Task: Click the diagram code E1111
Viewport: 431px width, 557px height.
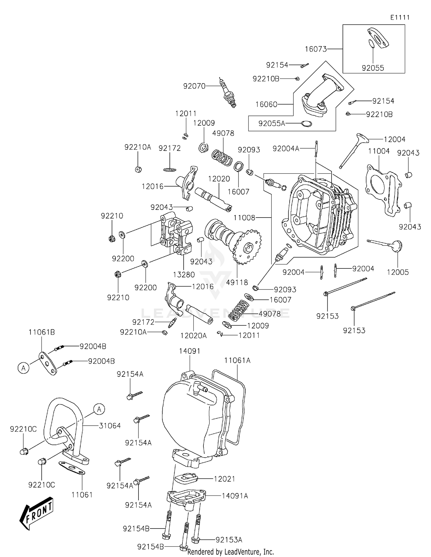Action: coord(400,18)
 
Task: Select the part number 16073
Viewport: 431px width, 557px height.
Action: coord(315,49)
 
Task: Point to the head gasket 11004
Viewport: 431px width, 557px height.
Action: coord(382,190)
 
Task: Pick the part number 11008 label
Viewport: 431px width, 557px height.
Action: coord(244,218)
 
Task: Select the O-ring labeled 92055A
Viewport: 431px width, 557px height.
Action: coord(306,124)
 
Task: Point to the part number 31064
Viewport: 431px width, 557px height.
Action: coord(110,426)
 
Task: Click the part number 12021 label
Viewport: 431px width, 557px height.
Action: coord(224,479)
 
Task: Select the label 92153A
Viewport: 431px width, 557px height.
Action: coord(229,540)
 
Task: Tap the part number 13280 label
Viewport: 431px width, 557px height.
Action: coord(184,274)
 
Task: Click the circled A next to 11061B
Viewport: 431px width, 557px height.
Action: coord(24,368)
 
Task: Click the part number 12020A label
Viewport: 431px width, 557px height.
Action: coord(193,335)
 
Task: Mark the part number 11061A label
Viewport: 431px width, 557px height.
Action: coord(237,360)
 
